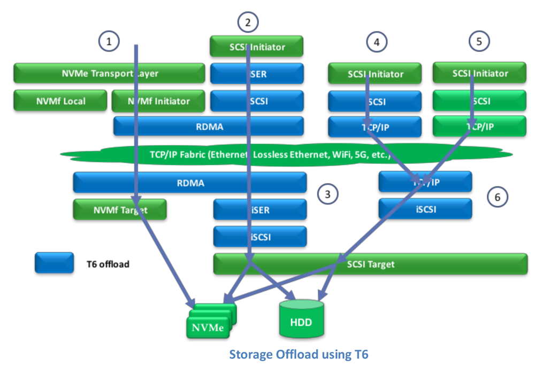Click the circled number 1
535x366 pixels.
[109, 41]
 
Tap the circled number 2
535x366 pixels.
[248, 22]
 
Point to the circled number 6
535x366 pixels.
[497, 197]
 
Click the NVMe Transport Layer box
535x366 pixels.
[109, 74]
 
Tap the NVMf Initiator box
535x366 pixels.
[158, 100]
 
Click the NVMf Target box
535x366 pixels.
[119, 210]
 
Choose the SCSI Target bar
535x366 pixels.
[370, 264]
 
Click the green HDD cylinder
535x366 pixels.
[301, 319]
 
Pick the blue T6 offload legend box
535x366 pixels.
[54, 263]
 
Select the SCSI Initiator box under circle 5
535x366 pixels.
[480, 73]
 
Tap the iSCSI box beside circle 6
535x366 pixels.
[425, 209]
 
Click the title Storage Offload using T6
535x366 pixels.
[299, 354]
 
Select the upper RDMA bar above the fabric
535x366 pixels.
[208, 127]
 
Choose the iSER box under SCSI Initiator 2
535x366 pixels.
[257, 74]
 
